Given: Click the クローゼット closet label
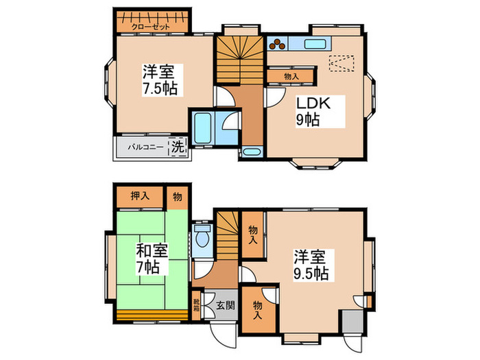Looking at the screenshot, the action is (x=150, y=27).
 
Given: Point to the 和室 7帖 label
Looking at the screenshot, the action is (x=152, y=259).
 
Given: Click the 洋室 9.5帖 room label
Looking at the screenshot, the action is (x=311, y=265).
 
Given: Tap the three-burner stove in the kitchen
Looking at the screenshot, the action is (x=277, y=44).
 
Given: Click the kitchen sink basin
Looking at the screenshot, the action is (x=315, y=44).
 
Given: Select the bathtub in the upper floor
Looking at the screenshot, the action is (x=203, y=128).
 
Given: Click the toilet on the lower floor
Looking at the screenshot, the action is (x=202, y=236).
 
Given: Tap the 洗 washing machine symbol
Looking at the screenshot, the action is (x=178, y=146).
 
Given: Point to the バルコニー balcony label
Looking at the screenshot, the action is (x=145, y=147).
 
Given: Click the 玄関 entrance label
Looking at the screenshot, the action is (x=226, y=305).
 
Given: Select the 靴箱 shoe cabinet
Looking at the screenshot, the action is (x=196, y=305).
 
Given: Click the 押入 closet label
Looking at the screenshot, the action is (x=140, y=196).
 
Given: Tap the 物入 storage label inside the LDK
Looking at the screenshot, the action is (x=291, y=76).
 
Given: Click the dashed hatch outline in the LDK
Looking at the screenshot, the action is (x=341, y=64).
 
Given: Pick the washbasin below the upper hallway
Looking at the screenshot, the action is (x=252, y=152).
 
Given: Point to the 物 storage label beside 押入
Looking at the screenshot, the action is (x=177, y=197).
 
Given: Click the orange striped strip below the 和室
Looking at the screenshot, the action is (x=152, y=315).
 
